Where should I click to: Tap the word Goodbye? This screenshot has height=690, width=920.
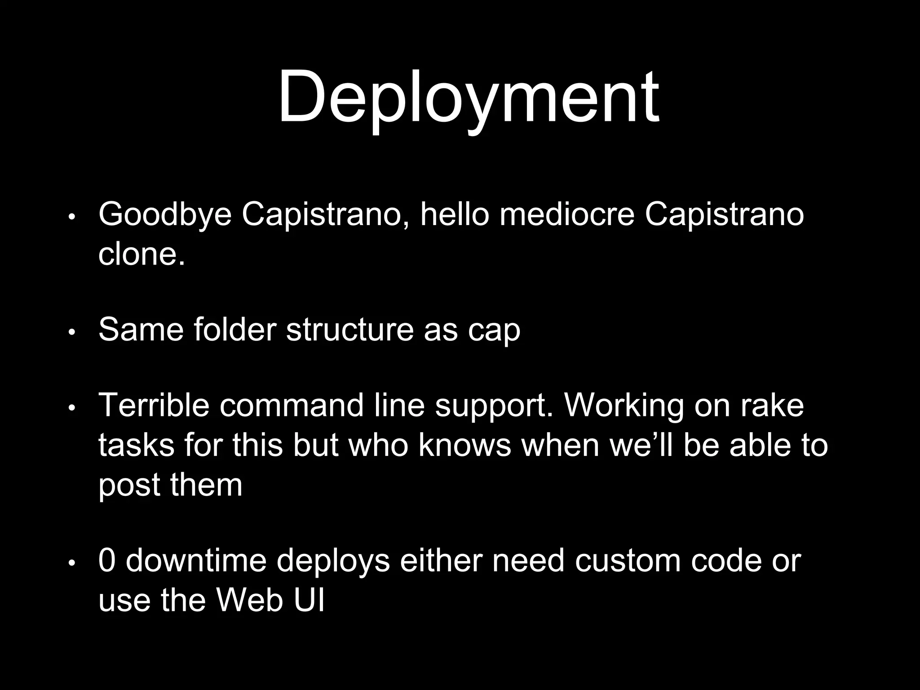click(165, 215)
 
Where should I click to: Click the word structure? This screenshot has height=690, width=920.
click(349, 330)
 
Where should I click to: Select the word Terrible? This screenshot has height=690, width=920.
click(154, 405)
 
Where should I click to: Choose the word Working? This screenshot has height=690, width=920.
click(624, 406)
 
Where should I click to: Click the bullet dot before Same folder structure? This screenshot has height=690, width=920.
click(71, 333)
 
